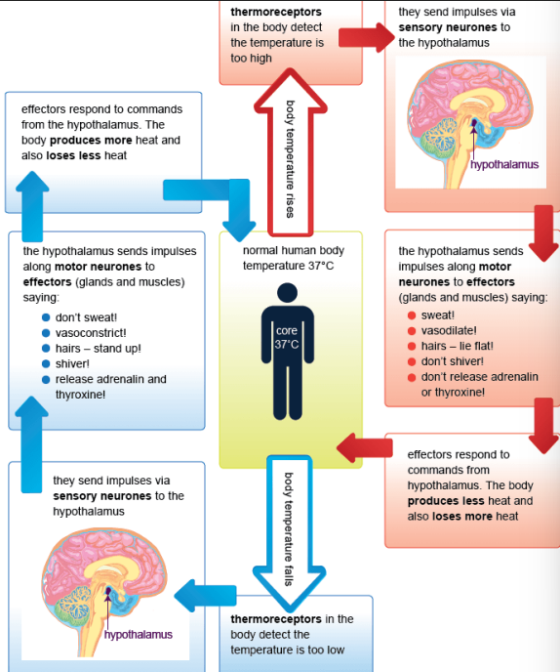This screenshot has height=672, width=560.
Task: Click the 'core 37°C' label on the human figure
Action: point(286,338)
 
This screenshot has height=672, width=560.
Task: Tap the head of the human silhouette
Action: point(286,293)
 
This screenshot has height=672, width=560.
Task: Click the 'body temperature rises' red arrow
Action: point(289,156)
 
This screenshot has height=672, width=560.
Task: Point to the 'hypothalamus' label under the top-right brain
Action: point(503,165)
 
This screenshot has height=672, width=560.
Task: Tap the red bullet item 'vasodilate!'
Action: point(448,331)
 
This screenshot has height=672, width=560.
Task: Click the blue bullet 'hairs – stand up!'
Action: point(98,349)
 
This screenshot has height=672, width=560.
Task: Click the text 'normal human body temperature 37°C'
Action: point(293,258)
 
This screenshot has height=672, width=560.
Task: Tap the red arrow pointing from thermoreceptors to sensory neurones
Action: point(363,39)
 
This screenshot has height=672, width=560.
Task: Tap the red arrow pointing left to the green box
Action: point(362,448)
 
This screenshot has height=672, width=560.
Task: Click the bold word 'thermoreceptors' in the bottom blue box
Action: point(276,619)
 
